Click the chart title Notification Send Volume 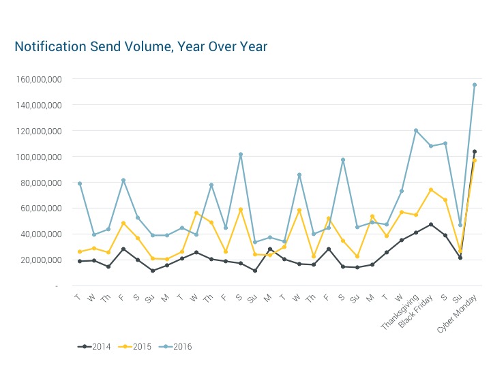(140, 46)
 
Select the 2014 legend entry (96, 346)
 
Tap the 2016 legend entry (176, 346)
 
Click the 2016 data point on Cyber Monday (475, 85)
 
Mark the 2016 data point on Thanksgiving (416, 131)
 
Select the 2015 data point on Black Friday (431, 190)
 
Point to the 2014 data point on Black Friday (431, 224)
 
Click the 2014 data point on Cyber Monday (475, 152)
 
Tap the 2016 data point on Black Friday (431, 146)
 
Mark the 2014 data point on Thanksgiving (416, 232)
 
